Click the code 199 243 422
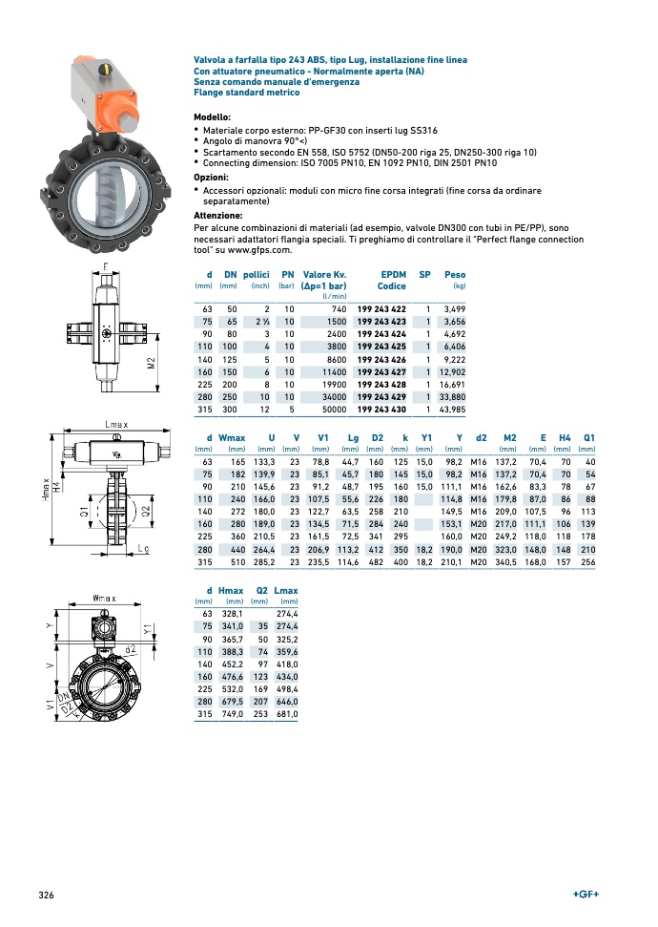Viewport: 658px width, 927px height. pyautogui.click(x=380, y=309)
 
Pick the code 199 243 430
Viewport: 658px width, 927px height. pyautogui.click(x=380, y=409)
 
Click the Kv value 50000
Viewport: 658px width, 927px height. pyautogui.click(x=330, y=409)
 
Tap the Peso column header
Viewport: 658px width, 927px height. pyautogui.click(x=455, y=274)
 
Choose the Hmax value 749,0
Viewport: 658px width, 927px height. pyautogui.click(x=232, y=714)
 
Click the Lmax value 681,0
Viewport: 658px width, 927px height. pyautogui.click(x=285, y=714)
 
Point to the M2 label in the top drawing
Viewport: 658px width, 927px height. pyautogui.click(x=152, y=363)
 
